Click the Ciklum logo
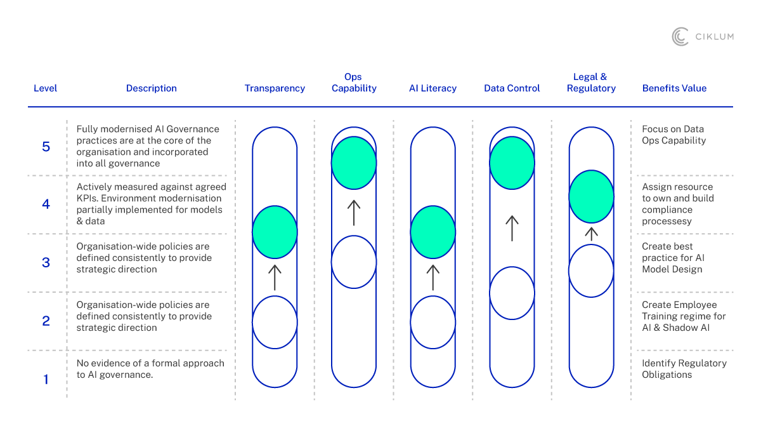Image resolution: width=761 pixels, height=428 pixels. [x=703, y=37]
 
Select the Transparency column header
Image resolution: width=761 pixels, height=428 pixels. [x=275, y=88]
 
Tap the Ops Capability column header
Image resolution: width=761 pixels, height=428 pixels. [x=354, y=83]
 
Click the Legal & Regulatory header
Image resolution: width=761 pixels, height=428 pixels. [x=590, y=83]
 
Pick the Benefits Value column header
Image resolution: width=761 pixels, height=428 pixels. [x=674, y=88]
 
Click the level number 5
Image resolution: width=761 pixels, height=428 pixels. [x=46, y=147]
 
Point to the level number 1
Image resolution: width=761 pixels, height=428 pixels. [x=46, y=380]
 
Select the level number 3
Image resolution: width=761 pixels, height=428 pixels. [x=46, y=262]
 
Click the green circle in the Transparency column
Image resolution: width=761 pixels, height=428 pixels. [x=275, y=232]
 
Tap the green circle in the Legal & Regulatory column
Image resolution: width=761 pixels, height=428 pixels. [x=591, y=196]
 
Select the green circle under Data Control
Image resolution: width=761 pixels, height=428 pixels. [x=512, y=163]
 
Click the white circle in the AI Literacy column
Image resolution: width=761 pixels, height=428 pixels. [x=433, y=323]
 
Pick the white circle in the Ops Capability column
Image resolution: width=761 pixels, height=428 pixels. [x=354, y=262]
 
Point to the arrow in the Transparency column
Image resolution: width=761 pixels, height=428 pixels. [x=275, y=278]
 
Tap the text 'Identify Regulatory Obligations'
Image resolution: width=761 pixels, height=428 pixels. [x=684, y=369]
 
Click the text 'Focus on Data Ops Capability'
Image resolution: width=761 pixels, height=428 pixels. [x=673, y=135]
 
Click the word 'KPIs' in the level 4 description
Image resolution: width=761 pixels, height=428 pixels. [x=86, y=198]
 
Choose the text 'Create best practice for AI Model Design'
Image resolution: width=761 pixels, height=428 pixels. [x=673, y=258]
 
